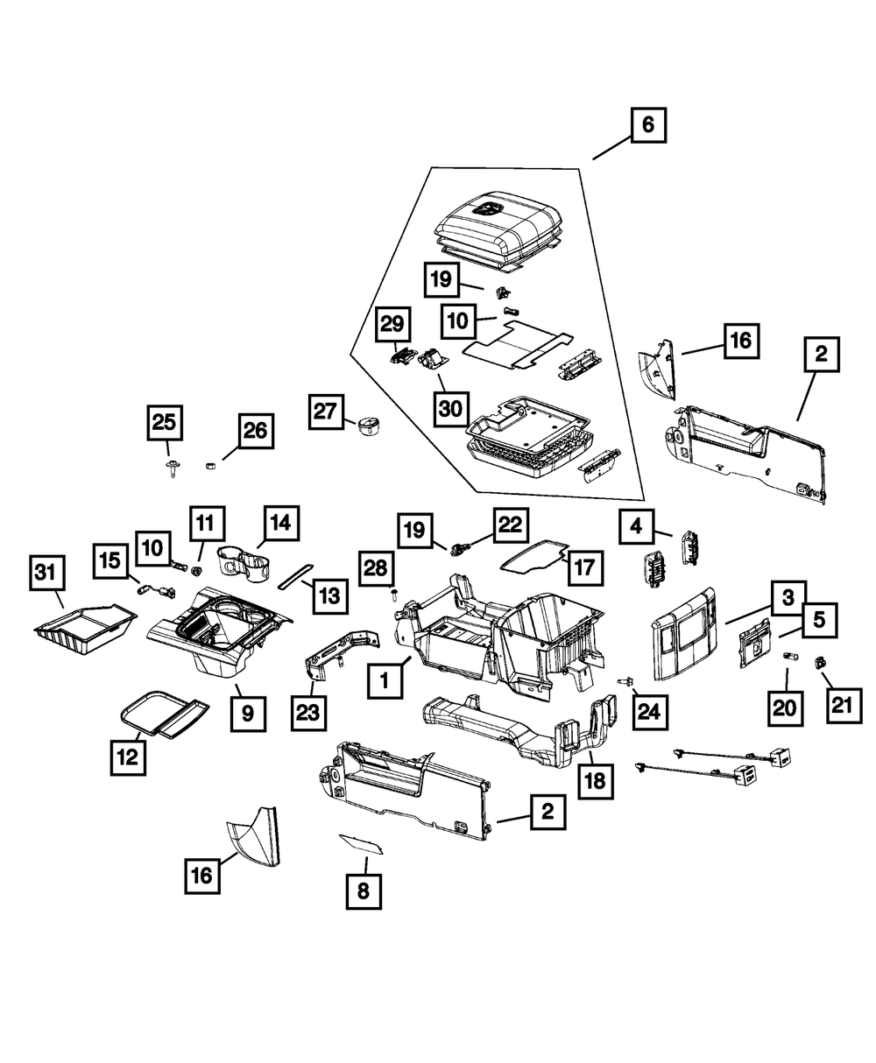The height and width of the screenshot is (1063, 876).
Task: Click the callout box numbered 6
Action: click(647, 126)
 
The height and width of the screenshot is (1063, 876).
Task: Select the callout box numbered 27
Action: click(326, 412)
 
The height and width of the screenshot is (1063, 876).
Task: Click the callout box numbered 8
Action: click(364, 891)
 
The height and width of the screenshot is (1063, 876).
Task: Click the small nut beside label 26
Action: click(210, 464)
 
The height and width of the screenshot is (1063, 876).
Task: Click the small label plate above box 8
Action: click(363, 844)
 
